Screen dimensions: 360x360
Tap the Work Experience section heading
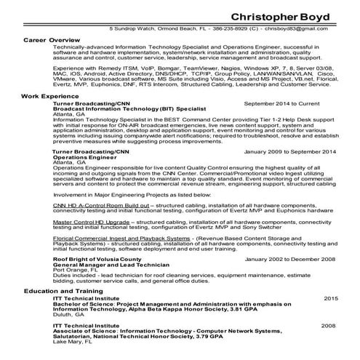(49, 95)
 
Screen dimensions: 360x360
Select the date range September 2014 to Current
(290, 104)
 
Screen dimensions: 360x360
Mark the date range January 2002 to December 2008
(290, 259)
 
